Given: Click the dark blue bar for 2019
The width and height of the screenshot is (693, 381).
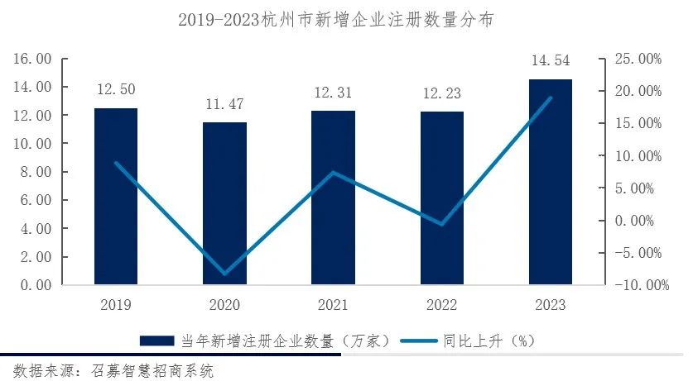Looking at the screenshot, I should coord(116,197).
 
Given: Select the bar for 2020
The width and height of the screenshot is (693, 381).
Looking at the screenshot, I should coord(224,203).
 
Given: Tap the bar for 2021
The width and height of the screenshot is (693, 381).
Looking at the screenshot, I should coord(333,198).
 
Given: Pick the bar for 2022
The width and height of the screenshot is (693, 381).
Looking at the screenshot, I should coord(441,198).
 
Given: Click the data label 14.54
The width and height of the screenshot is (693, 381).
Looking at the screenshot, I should coord(550,60).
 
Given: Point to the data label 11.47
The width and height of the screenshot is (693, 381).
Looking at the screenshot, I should coord(224,103).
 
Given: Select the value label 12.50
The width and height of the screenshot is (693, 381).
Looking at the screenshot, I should coord(116,89).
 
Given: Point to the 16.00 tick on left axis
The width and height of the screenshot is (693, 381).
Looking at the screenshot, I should coord(32,59).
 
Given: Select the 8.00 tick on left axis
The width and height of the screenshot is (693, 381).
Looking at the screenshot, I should coord(36,172).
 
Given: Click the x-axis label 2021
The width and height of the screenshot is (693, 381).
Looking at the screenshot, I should coord(333,305).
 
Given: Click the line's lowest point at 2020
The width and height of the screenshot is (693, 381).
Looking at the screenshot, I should coord(224,274).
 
